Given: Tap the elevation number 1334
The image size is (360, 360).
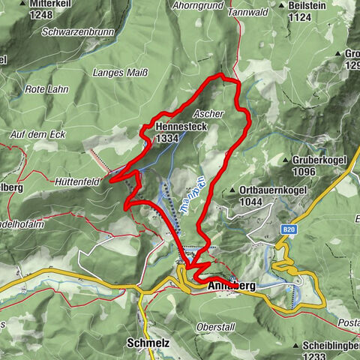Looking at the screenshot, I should (168, 139).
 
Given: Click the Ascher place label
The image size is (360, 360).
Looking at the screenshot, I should (208, 113).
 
